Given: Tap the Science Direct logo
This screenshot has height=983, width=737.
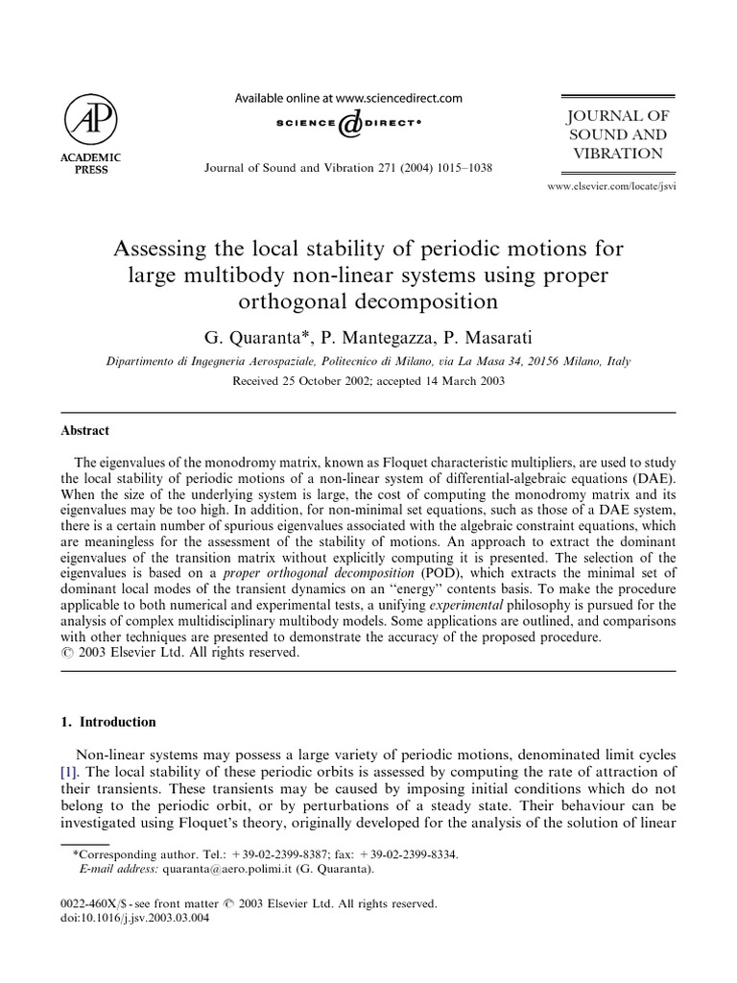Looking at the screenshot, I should tap(349, 124).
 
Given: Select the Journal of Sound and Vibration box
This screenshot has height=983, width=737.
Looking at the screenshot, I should tap(617, 135).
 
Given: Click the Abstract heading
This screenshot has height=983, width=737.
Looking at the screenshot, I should tap(85, 431).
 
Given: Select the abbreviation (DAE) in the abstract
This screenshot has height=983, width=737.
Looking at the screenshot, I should tap(653, 478).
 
